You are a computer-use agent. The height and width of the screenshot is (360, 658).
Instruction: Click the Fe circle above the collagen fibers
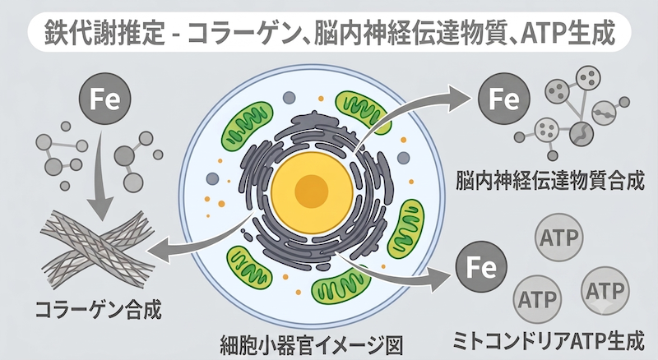[x=105, y=99]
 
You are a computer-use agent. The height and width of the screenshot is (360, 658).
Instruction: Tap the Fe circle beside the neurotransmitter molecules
[x=504, y=99]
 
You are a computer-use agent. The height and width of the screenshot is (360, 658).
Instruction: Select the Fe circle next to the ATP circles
[x=481, y=267]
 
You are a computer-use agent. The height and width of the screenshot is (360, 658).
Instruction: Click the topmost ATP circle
[x=559, y=238]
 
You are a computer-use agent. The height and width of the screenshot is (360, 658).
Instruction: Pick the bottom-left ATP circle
[x=538, y=299]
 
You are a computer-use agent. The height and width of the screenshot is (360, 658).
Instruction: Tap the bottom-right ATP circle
[x=605, y=290]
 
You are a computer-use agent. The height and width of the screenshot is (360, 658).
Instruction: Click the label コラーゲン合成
[x=98, y=311]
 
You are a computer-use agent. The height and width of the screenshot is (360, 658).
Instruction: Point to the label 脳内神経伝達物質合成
[x=549, y=181]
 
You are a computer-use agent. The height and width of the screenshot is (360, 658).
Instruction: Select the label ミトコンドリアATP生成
[x=548, y=341]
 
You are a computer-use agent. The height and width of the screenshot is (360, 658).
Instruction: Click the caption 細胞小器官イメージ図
[x=312, y=346]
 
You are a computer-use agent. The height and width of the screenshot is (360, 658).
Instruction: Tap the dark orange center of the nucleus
[x=311, y=192]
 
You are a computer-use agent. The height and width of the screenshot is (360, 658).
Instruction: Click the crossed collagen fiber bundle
[x=97, y=248]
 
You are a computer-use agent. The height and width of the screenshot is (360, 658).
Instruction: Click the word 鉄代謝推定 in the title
[x=104, y=33]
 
